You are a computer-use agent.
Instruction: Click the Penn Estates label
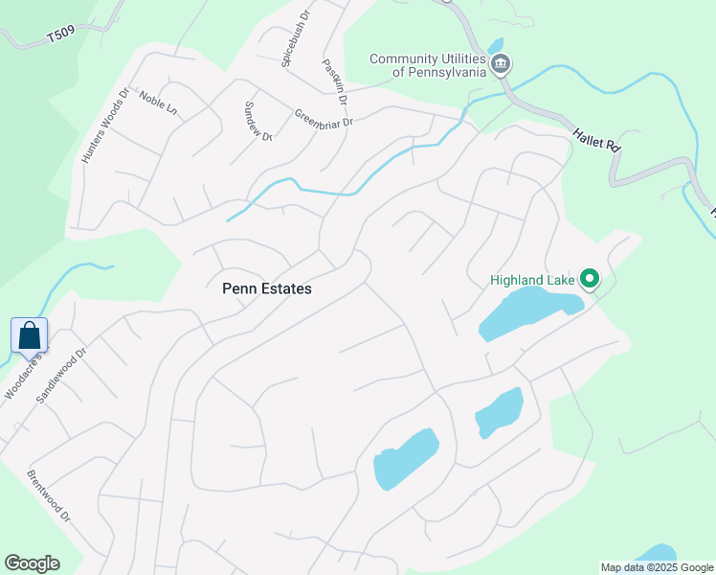[267, 287]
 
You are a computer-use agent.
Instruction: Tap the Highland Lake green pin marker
[591, 280]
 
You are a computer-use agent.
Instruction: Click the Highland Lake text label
[532, 280]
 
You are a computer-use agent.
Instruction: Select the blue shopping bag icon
[30, 335]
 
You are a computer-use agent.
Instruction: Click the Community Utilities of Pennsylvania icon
[501, 65]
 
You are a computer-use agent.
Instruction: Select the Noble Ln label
[158, 103]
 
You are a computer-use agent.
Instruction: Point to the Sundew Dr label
[259, 122]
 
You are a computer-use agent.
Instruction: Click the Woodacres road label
[22, 377]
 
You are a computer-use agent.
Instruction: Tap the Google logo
[32, 563]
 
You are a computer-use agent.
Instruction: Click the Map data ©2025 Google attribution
[657, 567]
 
